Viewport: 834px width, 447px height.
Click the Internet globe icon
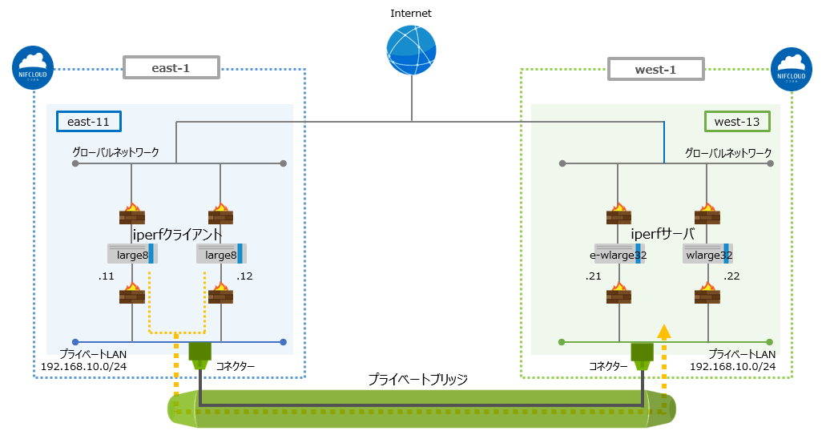coord(411,50)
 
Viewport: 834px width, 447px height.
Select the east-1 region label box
coord(171,69)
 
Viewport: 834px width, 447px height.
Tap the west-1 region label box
coord(655,70)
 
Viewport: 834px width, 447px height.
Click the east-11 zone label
coord(88,121)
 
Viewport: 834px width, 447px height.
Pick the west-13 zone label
coord(737,121)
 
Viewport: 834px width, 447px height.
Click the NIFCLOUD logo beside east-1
coord(34,67)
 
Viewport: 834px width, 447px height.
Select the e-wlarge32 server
coord(618,255)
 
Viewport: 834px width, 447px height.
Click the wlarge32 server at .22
coord(708,255)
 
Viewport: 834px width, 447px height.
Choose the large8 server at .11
coord(131,255)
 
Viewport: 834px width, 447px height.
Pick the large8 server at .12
coord(221,255)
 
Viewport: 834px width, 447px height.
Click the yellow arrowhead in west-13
coord(663,329)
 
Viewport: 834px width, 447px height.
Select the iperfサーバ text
coord(662,233)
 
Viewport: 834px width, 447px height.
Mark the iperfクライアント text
coord(176,233)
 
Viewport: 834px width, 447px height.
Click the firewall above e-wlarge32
coord(618,214)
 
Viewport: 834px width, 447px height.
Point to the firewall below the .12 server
coord(221,294)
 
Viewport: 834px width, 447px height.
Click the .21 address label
coord(593,276)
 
